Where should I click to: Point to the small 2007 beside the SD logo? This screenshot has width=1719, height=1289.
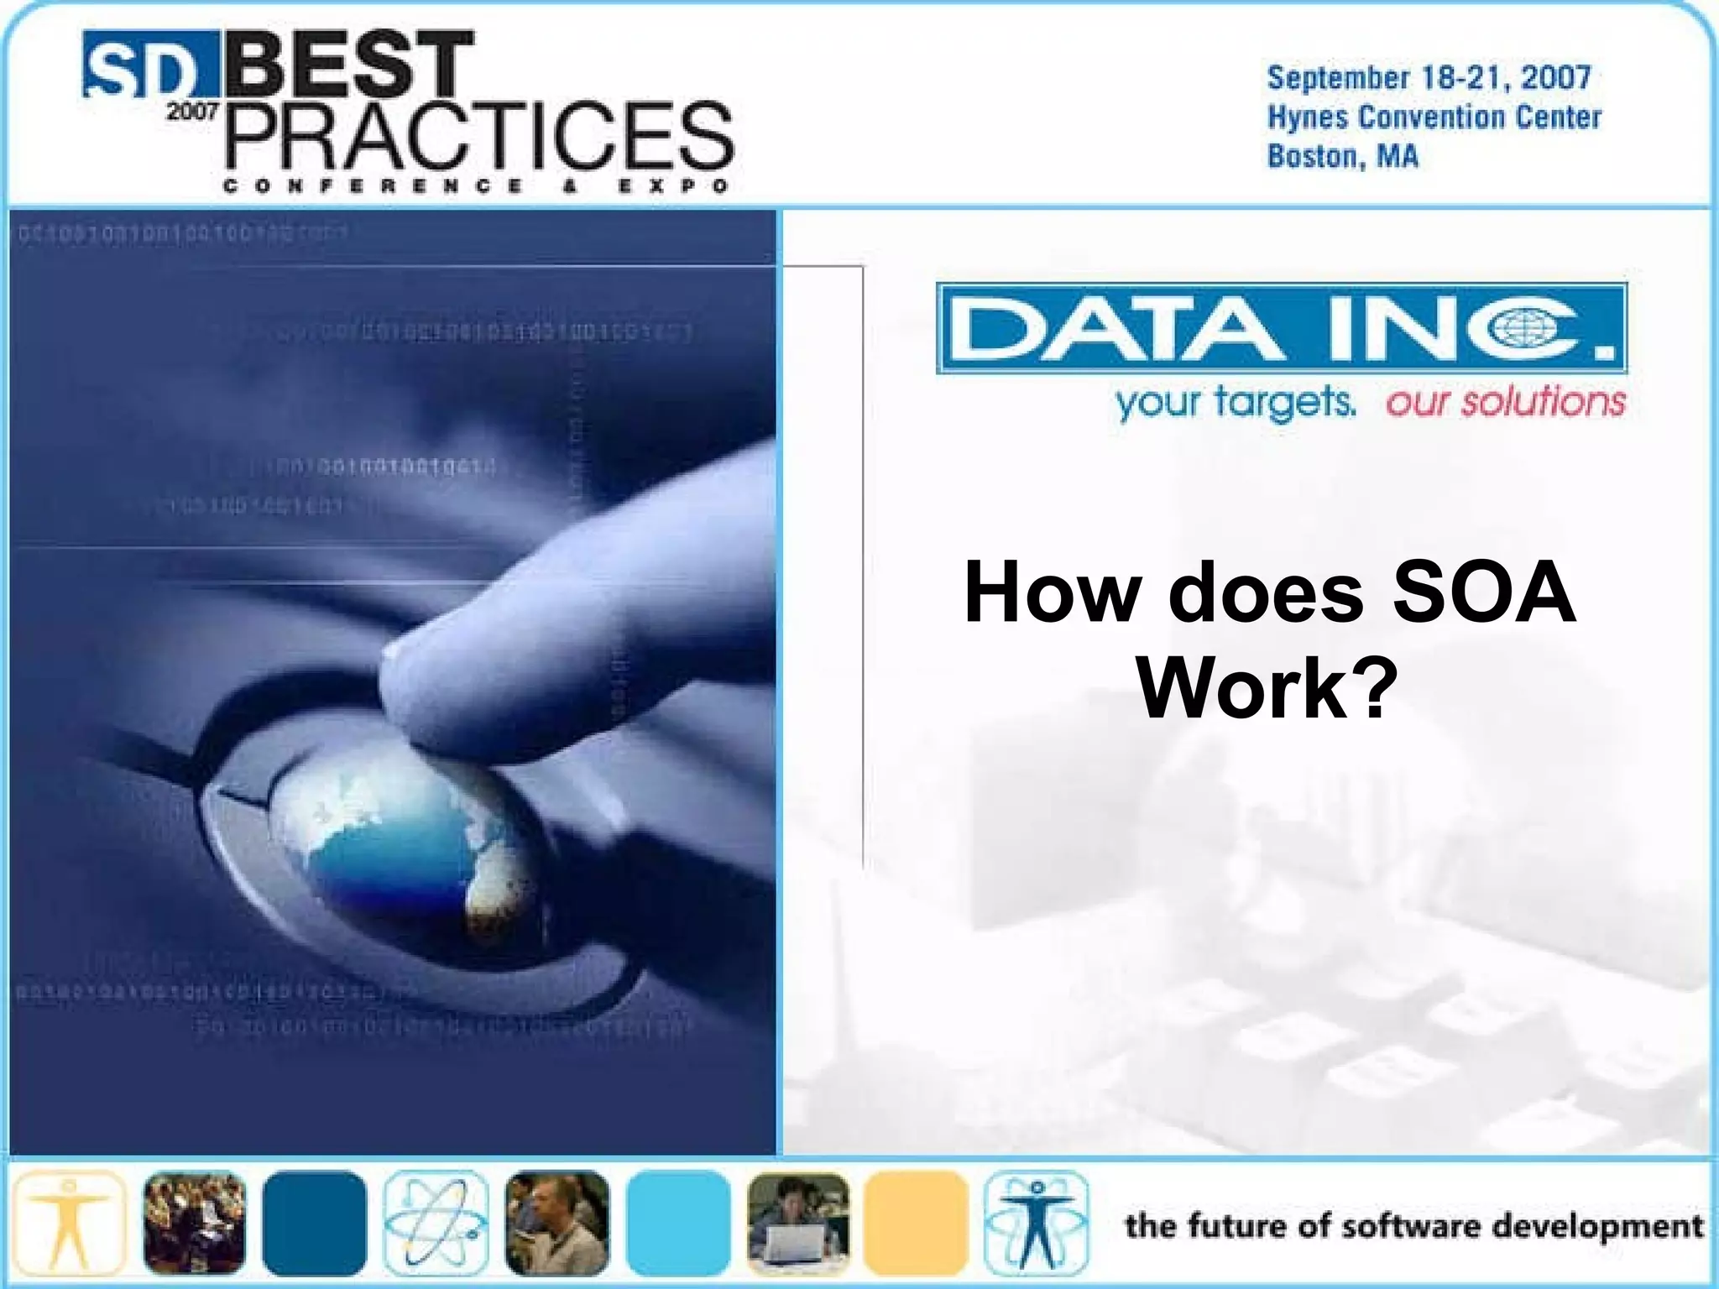click(x=192, y=112)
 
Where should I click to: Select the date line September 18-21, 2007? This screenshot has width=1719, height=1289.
click(x=1429, y=78)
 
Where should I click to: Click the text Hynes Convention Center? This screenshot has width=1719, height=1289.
click(x=1434, y=117)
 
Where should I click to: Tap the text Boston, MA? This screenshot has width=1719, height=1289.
click(x=1342, y=157)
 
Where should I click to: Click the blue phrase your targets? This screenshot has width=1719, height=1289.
click(x=1235, y=402)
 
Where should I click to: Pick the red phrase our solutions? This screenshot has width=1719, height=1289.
click(x=1505, y=402)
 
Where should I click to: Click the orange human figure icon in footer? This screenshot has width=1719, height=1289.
click(x=70, y=1223)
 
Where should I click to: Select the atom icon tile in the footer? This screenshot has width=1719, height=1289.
click(x=436, y=1223)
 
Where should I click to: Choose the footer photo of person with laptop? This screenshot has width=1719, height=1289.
click(x=798, y=1223)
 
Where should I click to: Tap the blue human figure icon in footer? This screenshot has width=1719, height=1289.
click(x=1037, y=1223)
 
